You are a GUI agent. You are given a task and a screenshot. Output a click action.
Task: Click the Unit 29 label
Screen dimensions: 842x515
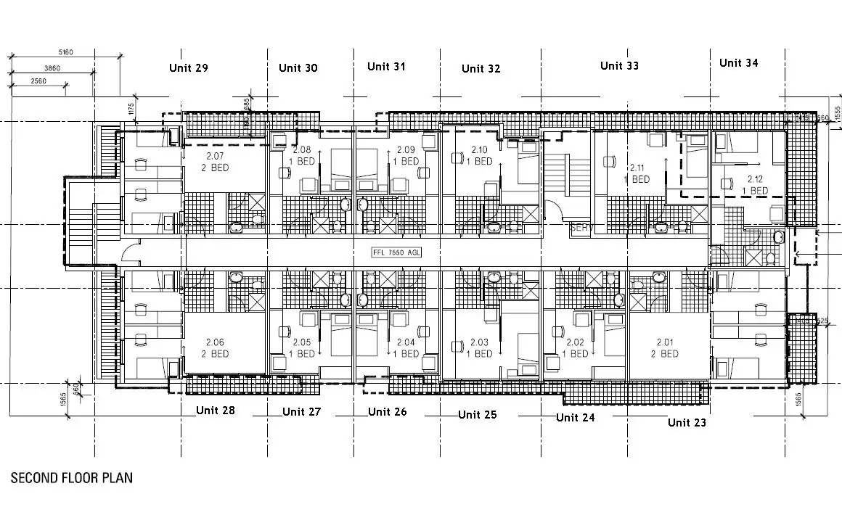click(189, 68)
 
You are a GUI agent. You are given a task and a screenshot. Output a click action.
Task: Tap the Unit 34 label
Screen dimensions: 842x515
click(738, 63)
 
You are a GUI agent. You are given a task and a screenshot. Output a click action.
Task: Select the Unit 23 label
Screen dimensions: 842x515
click(687, 422)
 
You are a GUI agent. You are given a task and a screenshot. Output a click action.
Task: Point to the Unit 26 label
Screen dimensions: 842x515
click(387, 412)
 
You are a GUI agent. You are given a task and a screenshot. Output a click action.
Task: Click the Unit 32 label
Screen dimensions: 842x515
click(481, 69)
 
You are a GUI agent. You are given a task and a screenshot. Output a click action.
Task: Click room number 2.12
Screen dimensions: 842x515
click(755, 178)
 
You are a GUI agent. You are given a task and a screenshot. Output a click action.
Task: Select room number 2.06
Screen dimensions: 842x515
click(216, 342)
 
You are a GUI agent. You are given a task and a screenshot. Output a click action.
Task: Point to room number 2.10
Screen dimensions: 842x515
click(480, 149)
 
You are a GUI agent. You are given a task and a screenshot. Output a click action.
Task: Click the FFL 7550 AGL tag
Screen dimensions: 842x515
click(396, 252)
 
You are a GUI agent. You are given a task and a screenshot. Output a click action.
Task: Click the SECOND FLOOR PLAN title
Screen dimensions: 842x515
click(71, 478)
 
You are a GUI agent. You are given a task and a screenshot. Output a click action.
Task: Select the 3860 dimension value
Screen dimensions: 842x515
click(52, 67)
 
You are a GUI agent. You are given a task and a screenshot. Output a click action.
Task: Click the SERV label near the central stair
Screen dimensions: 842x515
click(581, 227)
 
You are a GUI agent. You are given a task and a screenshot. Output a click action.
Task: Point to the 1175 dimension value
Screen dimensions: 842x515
click(131, 110)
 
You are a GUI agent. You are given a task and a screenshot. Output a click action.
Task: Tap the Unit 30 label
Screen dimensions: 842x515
click(298, 68)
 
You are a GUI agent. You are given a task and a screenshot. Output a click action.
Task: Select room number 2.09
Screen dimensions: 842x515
click(405, 149)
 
